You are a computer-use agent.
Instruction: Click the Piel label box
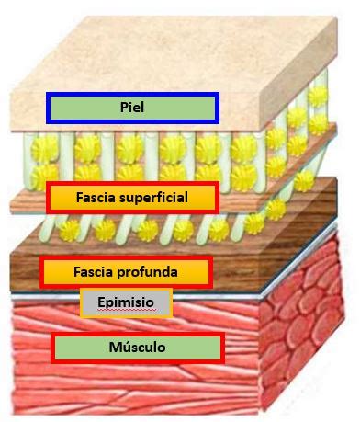(132, 108)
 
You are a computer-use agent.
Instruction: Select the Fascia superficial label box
(131, 198)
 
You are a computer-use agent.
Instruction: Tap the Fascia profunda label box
(127, 272)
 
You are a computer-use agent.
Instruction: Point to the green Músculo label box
(138, 348)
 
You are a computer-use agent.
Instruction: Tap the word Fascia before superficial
(96, 198)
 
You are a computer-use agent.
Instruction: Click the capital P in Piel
(122, 108)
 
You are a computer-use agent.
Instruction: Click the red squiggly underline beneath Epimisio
(126, 311)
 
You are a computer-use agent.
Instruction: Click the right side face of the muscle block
(303, 340)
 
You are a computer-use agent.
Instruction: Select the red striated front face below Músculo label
(138, 386)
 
